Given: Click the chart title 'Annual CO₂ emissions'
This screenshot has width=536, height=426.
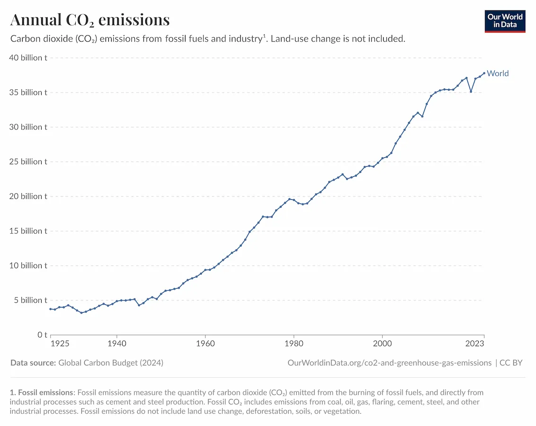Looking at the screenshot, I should [x=90, y=20].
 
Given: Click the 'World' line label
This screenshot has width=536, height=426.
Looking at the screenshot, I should [x=497, y=73].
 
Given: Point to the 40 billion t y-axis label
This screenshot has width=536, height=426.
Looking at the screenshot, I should [x=28, y=58].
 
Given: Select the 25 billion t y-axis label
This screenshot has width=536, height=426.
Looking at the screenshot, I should [x=28, y=162].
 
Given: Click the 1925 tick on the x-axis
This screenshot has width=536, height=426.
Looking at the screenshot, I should [x=60, y=343].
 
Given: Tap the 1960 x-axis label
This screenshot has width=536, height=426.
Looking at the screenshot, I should [x=205, y=343].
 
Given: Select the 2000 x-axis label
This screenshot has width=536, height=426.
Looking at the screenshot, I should [x=382, y=343].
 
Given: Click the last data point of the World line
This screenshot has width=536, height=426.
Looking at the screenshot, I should [x=484, y=73].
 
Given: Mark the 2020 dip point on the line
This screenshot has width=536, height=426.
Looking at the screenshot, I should [x=471, y=91].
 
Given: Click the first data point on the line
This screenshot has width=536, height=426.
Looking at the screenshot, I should [x=51, y=309].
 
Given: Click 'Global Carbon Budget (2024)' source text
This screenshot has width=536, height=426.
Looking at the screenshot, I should [x=111, y=363].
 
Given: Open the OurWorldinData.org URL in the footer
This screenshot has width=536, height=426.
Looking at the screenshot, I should [x=389, y=363].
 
